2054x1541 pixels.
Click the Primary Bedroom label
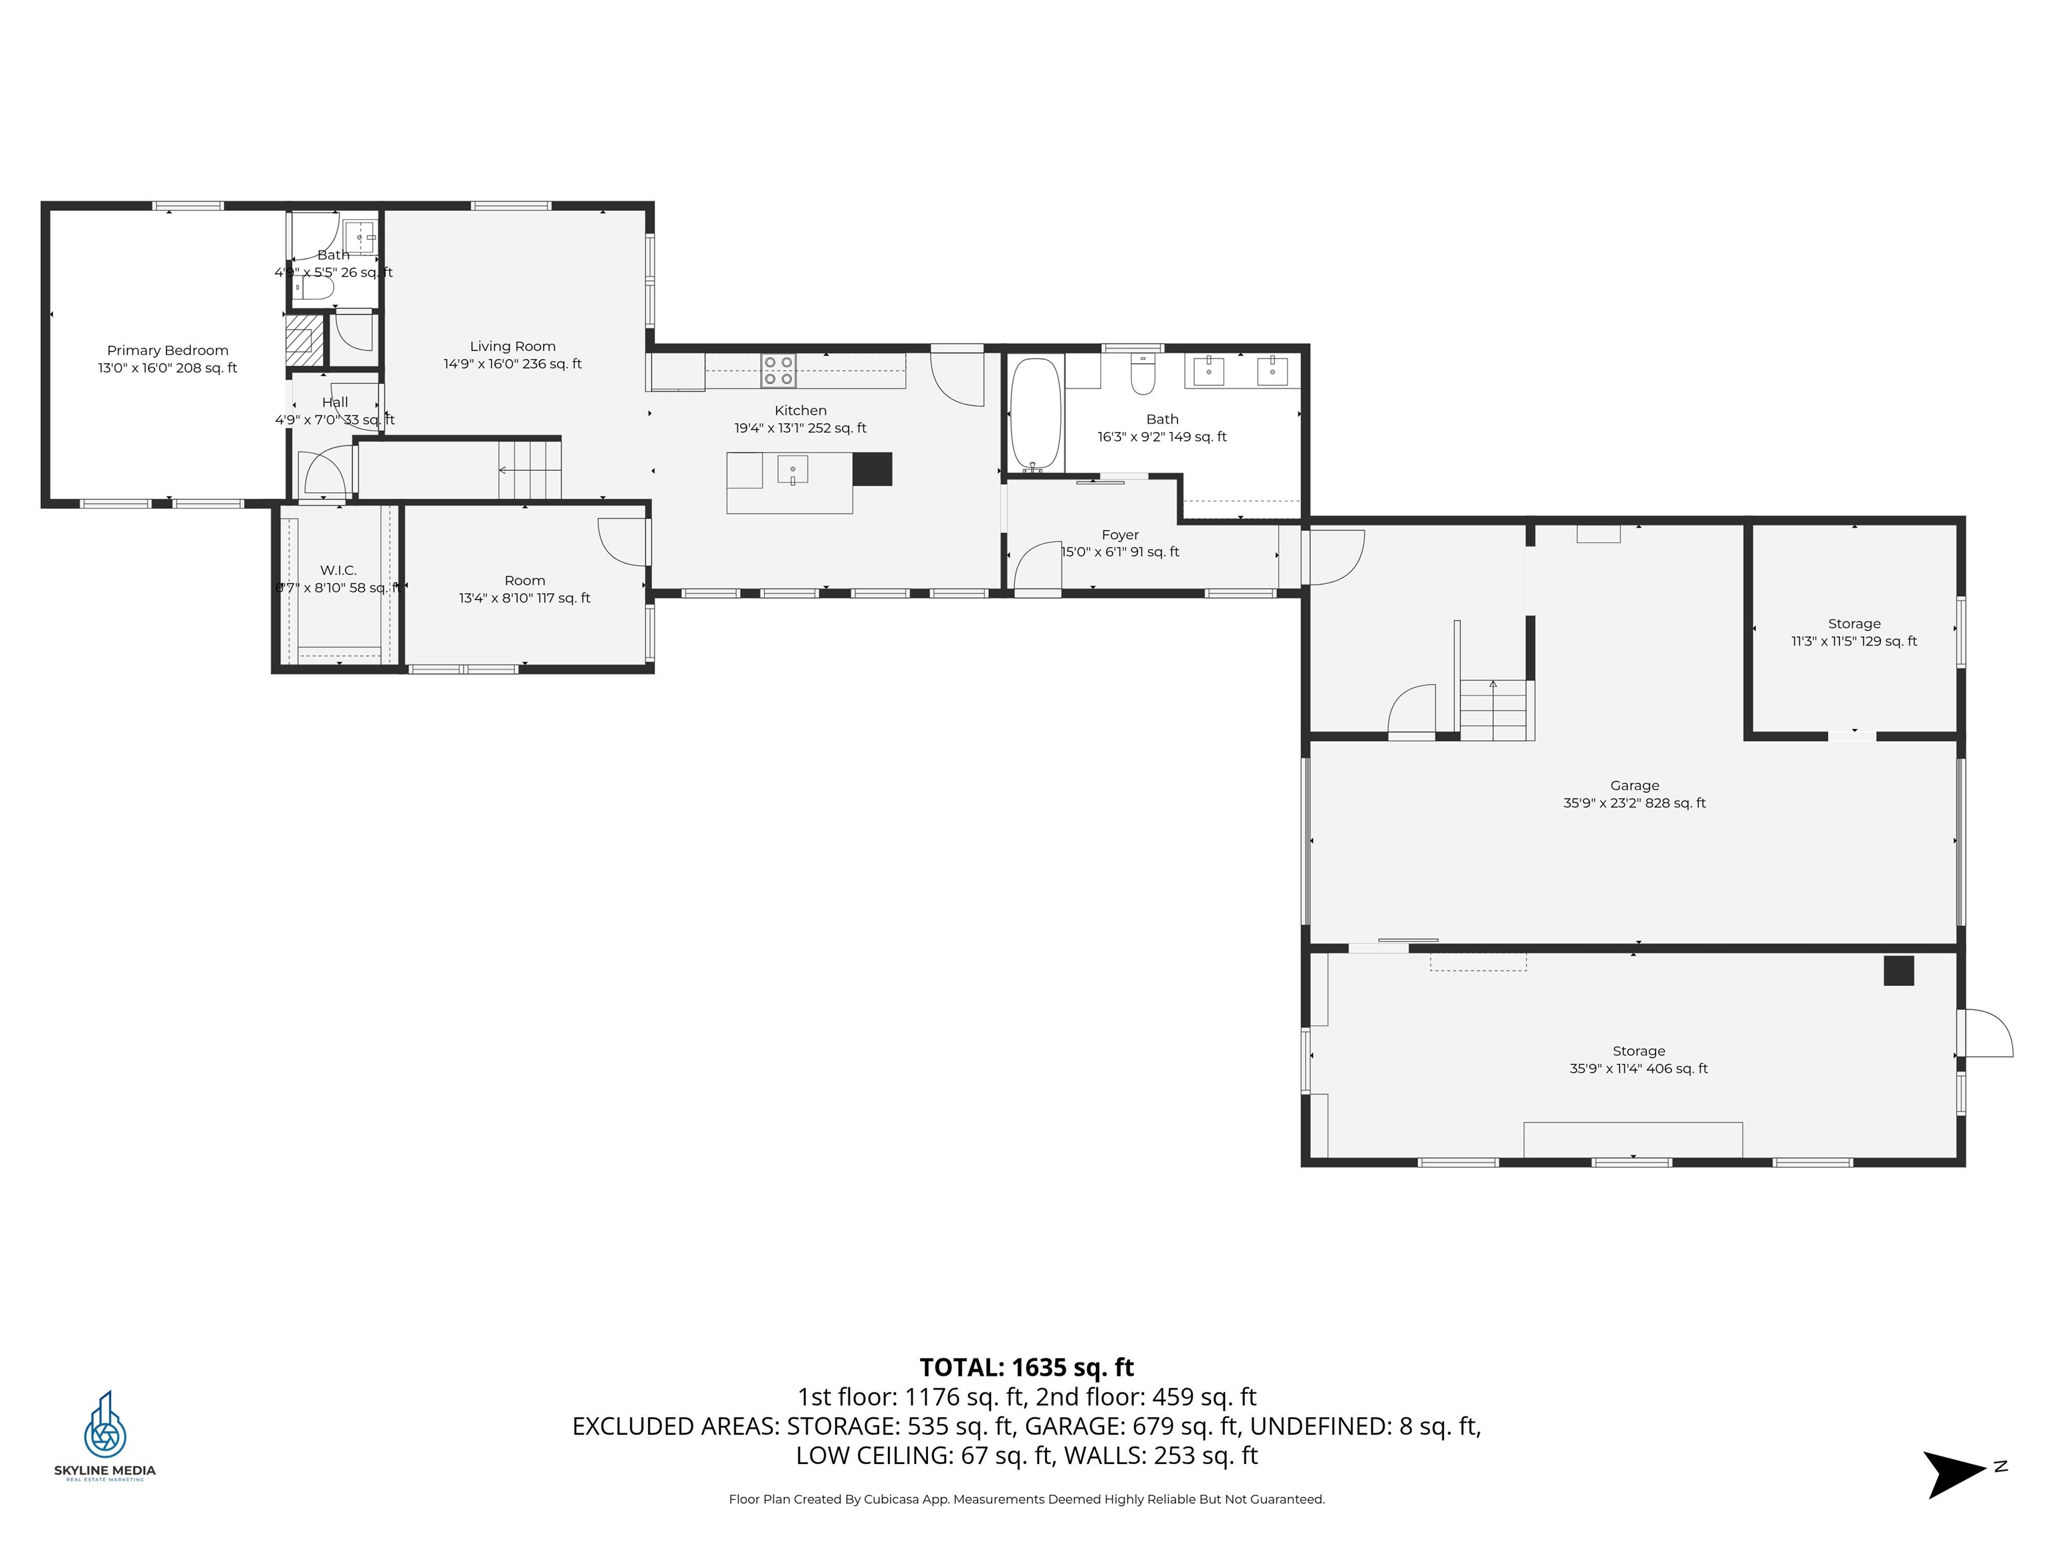167,350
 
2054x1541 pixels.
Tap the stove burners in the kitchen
778,371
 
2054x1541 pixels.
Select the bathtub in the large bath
1034,413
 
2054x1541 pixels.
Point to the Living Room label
513,346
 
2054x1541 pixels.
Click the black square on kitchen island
872,469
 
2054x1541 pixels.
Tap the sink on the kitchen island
792,470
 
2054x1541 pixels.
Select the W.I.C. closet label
338,571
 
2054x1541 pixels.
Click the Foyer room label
1120,535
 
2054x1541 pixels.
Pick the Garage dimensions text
1634,803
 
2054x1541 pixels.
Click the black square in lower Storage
1898,970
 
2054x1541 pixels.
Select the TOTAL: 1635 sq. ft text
1026,1367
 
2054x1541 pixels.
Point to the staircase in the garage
1493,710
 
